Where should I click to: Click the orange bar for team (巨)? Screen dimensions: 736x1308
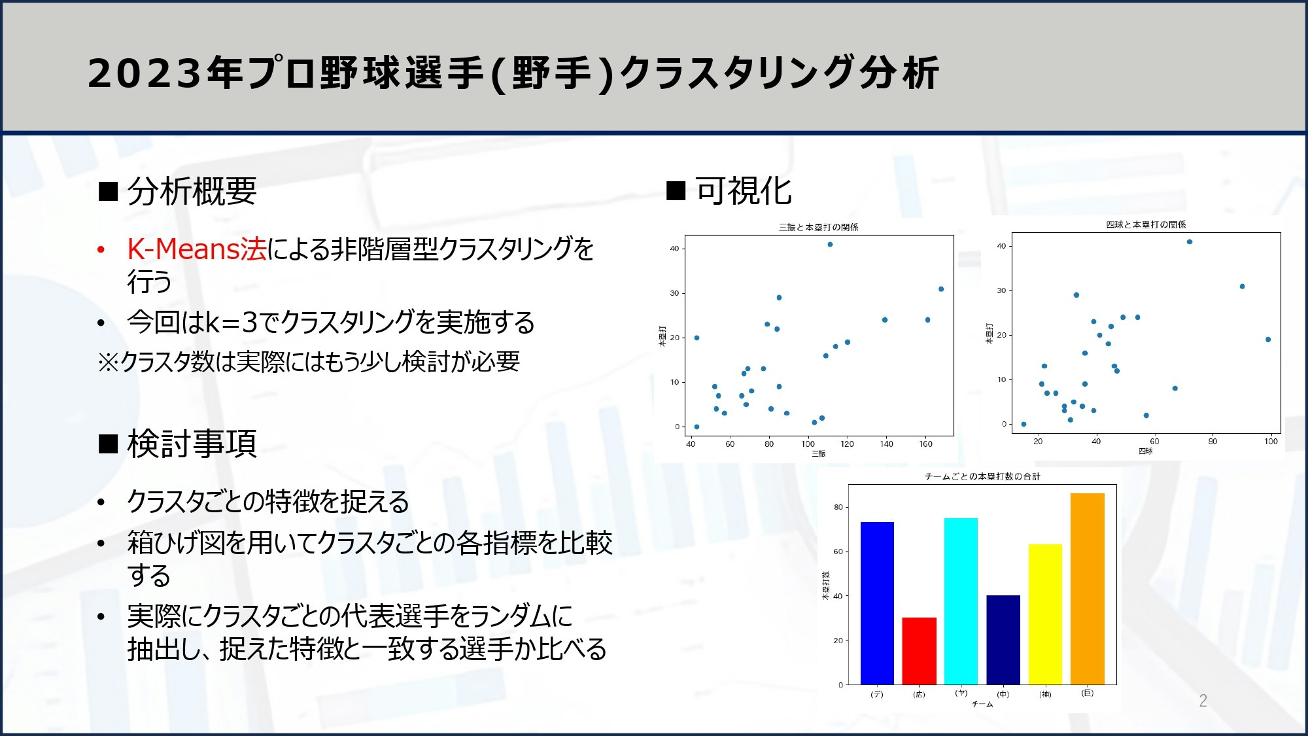[x=1087, y=589]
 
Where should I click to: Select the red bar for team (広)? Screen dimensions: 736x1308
[x=919, y=651]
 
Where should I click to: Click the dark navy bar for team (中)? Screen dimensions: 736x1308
[x=1003, y=639]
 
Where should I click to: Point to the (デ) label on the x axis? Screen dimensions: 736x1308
[x=877, y=694]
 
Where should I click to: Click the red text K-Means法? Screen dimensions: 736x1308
[x=196, y=249]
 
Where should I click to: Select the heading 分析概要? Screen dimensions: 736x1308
[x=192, y=192]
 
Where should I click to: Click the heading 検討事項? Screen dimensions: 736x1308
[x=192, y=444]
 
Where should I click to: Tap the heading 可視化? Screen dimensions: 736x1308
[x=743, y=191]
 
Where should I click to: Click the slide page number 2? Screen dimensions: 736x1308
[x=1203, y=701]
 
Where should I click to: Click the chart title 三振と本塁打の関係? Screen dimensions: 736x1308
[x=818, y=227]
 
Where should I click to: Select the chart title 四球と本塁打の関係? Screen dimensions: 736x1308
[x=1146, y=224]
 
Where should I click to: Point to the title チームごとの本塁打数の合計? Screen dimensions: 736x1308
[x=982, y=476]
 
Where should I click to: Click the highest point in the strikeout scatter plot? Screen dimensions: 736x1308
[x=830, y=244]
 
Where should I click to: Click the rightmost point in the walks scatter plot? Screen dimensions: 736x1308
[x=1268, y=340]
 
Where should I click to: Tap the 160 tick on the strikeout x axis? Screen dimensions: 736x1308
[x=925, y=444]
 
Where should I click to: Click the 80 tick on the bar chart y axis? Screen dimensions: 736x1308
[x=838, y=507]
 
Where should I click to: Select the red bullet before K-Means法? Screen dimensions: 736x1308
[x=101, y=250]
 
